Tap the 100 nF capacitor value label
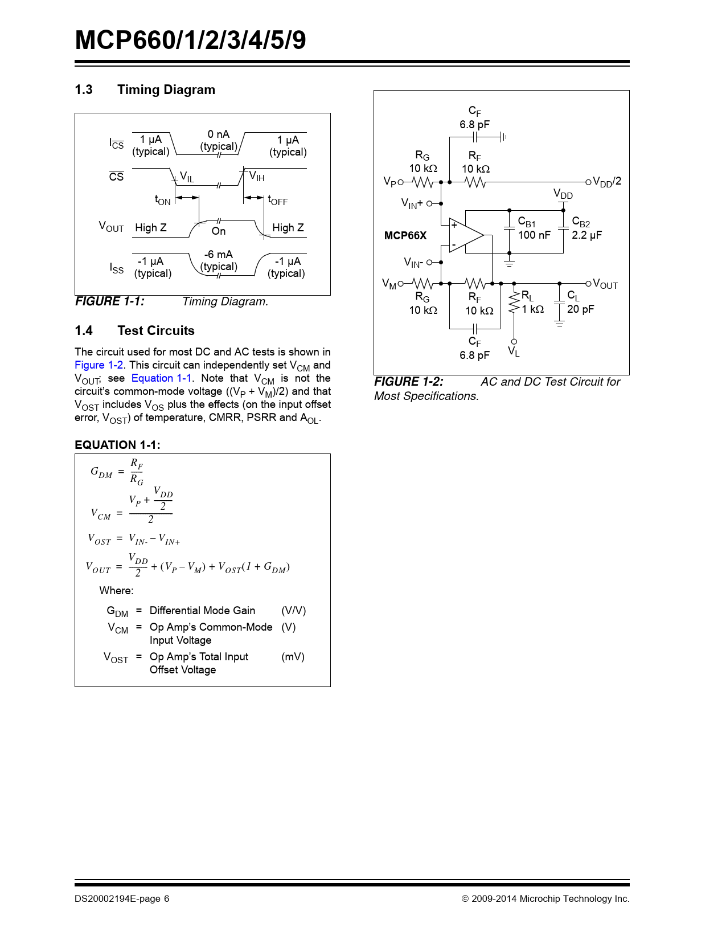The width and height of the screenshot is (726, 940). tap(534, 235)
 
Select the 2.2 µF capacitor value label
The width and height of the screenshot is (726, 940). tap(586, 235)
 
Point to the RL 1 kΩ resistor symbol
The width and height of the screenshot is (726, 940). tap(514, 303)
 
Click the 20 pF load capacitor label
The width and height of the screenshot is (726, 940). tap(580, 309)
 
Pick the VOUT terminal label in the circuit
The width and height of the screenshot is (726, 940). tap(605, 284)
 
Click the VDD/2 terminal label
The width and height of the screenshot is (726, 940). tap(607, 182)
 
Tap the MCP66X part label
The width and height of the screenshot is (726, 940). tap(405, 235)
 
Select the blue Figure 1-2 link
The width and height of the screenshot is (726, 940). tap(99, 365)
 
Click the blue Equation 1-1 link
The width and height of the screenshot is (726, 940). tap(161, 378)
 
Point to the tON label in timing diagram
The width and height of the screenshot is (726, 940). tap(162, 200)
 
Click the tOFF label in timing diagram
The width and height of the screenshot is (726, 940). tap(278, 200)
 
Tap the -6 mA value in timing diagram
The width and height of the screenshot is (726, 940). tap(219, 255)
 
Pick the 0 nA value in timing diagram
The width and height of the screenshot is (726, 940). tap(218, 134)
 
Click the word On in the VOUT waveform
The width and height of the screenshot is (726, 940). tap(219, 231)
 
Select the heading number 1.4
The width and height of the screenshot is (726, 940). tap(84, 331)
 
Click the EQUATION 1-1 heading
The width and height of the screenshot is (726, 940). tap(117, 445)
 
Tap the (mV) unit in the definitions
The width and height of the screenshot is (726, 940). tap(293, 657)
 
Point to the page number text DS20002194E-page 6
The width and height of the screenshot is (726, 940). tap(122, 899)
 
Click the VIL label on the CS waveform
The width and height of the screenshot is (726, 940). tap(187, 177)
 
